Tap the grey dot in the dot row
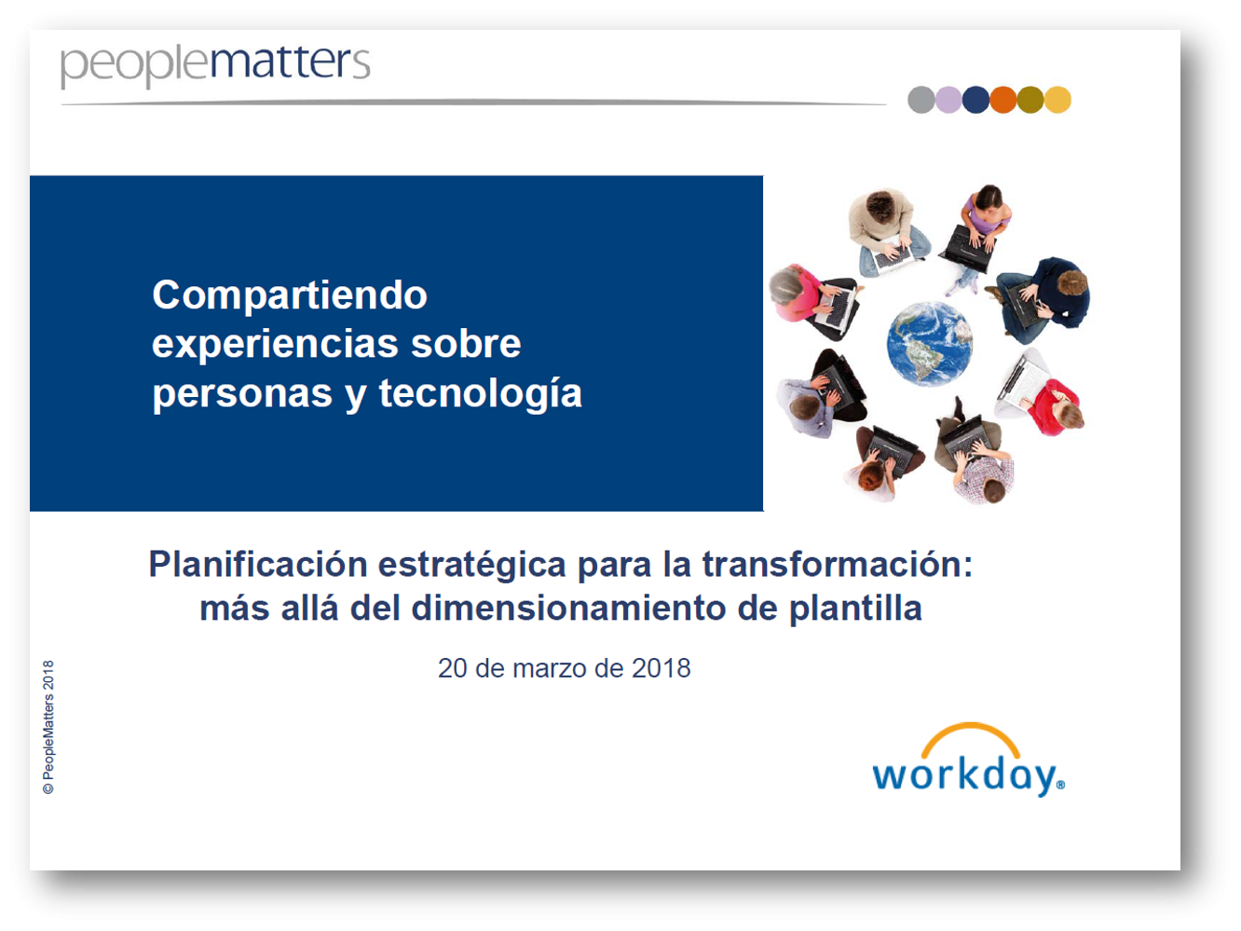point(921,100)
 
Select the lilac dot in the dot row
point(948,100)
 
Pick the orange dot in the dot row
point(1003,100)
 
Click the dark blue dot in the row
point(975,100)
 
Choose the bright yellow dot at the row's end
point(1057,100)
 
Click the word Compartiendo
point(290,296)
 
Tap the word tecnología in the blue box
point(481,394)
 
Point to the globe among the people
point(930,344)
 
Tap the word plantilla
point(855,609)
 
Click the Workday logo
point(969,760)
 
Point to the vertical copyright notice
point(48,727)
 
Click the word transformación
point(838,565)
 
